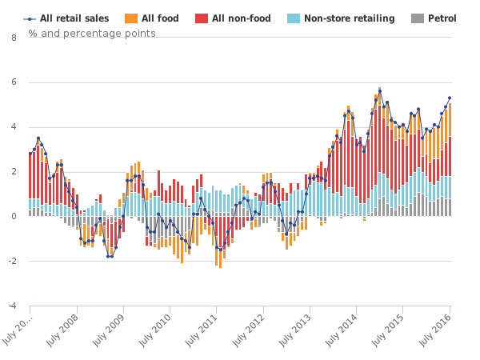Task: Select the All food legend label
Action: point(160,18)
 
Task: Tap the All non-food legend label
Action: point(239,18)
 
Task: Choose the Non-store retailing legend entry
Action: point(349,18)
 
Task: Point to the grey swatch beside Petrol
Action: point(416,18)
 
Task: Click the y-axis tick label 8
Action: point(14,37)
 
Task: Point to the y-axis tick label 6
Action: point(14,82)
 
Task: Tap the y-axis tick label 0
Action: point(14,216)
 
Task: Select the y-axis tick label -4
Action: point(12,306)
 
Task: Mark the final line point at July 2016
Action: point(450,98)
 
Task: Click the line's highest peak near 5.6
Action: point(379,90)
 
